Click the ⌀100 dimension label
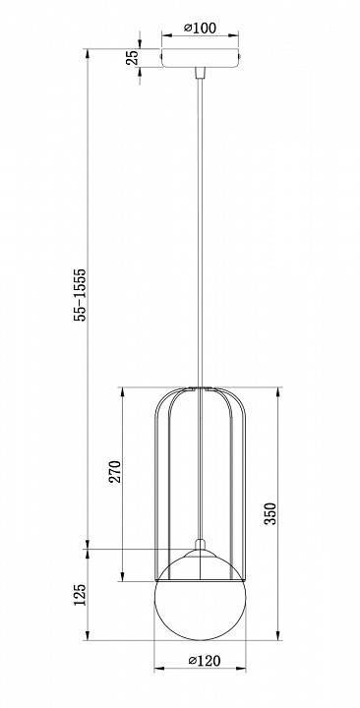pos(200,28)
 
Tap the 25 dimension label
pos(132,58)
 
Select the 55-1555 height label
pos(80,294)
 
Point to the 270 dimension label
pos(116,471)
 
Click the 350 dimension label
pos(270,513)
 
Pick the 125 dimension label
pos(80,595)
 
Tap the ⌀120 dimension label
pos(205,661)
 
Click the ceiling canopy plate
pos(200,58)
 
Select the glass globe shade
pos(200,595)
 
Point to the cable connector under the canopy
pos(200,73)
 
